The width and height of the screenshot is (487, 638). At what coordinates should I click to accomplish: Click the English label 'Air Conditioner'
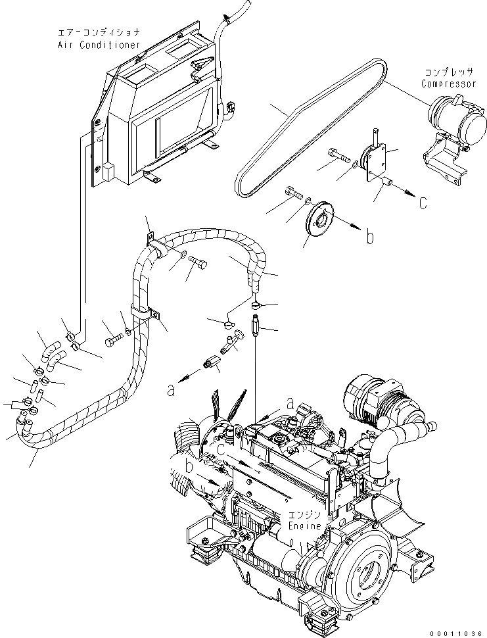99,45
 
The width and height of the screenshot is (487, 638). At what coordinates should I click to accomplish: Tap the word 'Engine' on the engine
305,526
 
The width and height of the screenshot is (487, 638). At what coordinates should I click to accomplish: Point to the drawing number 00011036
459,631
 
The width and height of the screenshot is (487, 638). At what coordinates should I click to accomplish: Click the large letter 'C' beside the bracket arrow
423,203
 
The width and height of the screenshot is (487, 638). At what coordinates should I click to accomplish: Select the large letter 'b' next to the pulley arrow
370,237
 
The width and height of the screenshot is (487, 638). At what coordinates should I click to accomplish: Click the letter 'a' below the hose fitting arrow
171,391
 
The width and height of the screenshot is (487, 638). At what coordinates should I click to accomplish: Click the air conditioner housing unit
158,112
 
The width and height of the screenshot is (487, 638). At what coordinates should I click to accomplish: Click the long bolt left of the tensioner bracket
339,156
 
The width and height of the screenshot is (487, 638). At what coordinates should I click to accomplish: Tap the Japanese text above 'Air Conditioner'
99,33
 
